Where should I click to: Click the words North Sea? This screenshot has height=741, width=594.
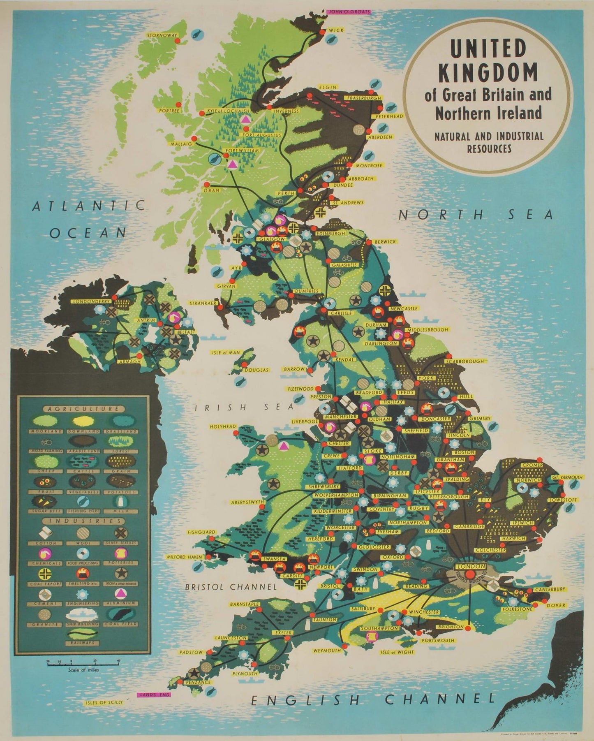pos(476,215)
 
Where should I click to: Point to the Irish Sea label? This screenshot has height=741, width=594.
pos(245,407)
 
